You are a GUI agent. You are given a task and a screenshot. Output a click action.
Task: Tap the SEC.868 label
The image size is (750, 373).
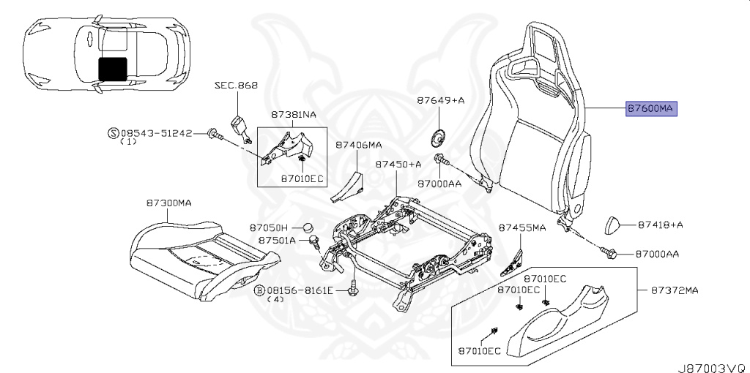tap(236, 86)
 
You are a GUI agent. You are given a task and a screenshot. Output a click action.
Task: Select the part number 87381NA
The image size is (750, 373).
tap(294, 115)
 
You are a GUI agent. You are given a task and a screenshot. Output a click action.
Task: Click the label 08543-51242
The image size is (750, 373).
tap(156, 133)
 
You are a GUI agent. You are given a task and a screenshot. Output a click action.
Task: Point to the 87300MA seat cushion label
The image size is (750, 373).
tap(169, 203)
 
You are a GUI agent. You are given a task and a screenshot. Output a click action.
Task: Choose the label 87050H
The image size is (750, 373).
tap(268, 227)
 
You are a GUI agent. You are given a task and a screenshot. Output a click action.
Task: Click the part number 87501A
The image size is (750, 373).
tap(278, 240)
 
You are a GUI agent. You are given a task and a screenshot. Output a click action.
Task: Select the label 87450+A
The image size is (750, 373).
tap(398, 164)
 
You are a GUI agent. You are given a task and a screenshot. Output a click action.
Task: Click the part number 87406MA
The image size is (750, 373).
tap(358, 144)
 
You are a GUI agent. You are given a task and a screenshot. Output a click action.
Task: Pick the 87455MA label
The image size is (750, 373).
tap(521, 227)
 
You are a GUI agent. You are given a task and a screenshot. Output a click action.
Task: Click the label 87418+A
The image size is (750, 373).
tap(661, 225)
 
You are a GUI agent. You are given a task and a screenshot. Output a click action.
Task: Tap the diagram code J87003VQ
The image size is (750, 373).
tap(713, 368)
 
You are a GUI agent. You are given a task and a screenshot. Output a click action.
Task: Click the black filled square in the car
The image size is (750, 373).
tap(112, 69)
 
